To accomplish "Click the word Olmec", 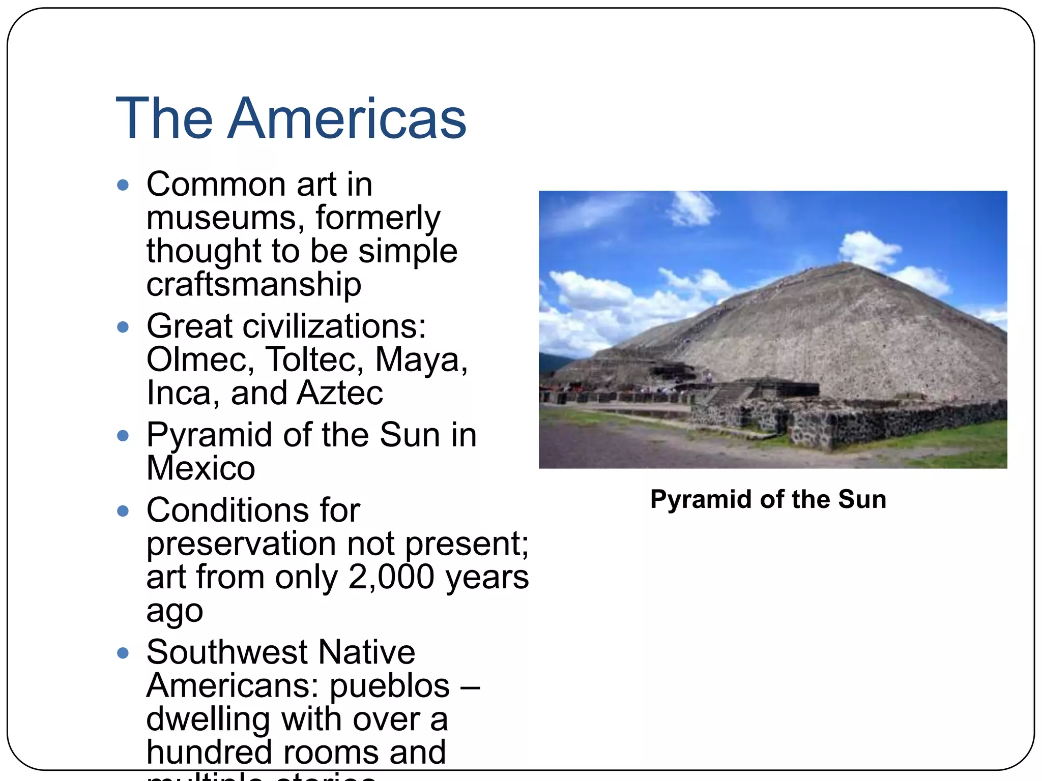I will pos(200,359).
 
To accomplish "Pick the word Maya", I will pos(420,359).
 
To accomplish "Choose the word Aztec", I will pos(340,393).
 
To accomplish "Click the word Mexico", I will pos(200,468).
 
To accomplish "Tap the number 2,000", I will pos(391,577).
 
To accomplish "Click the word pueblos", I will pos(390,685).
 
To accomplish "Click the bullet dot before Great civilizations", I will pos(123,327).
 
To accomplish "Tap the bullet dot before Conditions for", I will pos(123,511).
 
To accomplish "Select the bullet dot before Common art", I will pos(123,185).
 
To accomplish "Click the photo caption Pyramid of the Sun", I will pos(768,499).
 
